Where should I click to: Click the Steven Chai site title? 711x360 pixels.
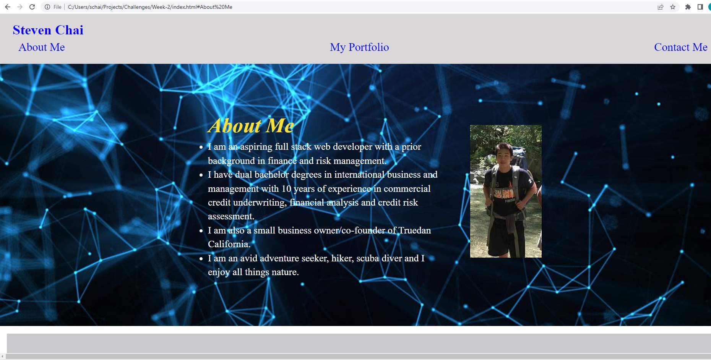(48, 30)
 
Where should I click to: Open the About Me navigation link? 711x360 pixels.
(42, 47)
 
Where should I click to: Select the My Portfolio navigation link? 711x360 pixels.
(359, 47)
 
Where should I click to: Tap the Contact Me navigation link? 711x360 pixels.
(680, 47)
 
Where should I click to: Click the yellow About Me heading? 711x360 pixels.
(251, 126)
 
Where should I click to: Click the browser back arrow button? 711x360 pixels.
(8, 7)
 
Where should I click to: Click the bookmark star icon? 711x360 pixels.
(673, 7)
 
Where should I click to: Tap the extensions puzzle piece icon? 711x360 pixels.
(688, 7)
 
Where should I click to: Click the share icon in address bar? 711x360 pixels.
(661, 7)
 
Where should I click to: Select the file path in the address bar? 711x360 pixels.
(150, 7)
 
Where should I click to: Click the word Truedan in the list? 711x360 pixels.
(415, 230)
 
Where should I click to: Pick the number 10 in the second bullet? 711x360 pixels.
(286, 189)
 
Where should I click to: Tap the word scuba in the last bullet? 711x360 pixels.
(368, 258)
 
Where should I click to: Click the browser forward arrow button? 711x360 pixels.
(20, 7)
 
